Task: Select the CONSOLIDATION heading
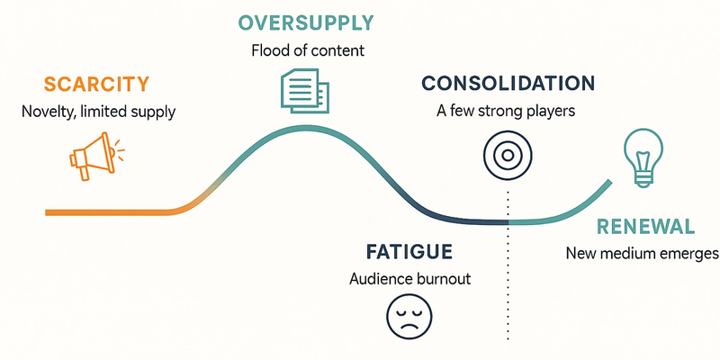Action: point(508,84)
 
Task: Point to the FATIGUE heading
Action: point(409,251)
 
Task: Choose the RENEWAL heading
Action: point(644,226)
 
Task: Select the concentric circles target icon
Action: point(507,155)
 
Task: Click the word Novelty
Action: point(47,112)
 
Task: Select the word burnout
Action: point(442,278)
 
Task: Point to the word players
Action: point(549,112)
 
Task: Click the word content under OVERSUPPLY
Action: point(338,50)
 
